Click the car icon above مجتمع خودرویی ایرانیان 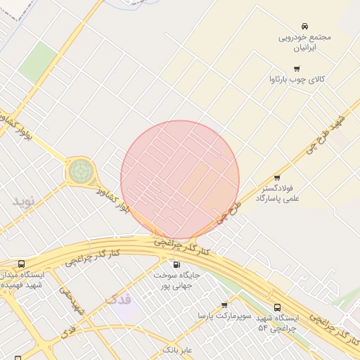(x=304, y=25)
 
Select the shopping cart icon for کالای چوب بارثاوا (x=297, y=68)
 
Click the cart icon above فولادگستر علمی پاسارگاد (x=277, y=178)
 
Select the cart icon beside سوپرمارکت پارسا (x=224, y=304)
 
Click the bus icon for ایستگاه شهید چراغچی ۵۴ (x=277, y=307)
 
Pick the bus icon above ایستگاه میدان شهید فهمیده (x=23, y=264)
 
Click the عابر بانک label (x=177, y=349)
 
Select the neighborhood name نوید (x=22, y=201)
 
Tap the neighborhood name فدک (x=117, y=300)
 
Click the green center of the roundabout (x=80, y=170)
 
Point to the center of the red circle (x=180, y=180)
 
